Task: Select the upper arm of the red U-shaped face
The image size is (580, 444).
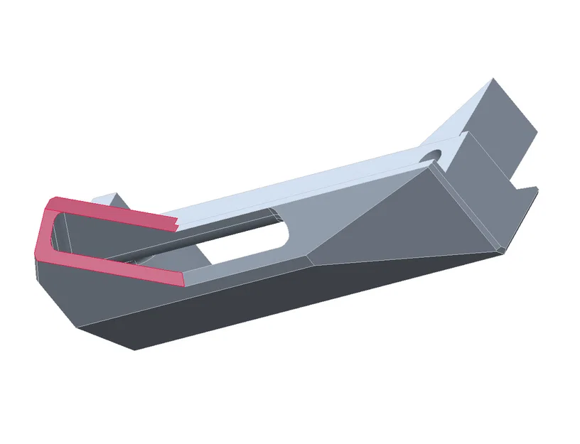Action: (114, 209)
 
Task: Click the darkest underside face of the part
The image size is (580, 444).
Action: (284, 305)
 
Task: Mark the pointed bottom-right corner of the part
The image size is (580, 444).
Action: (502, 250)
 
